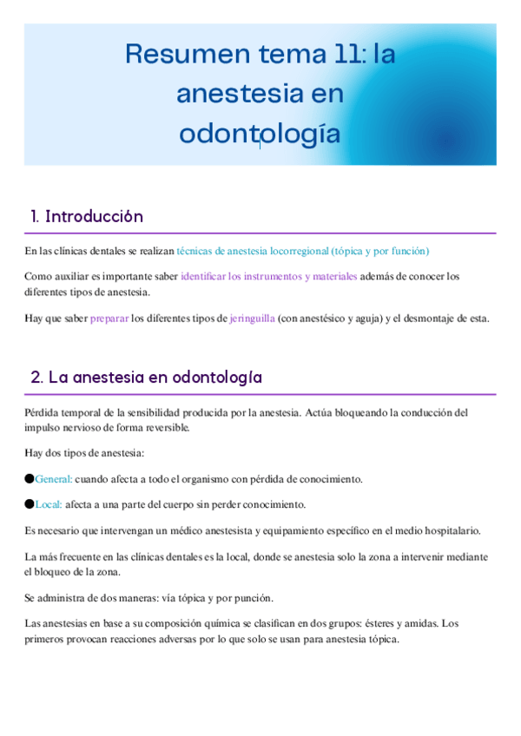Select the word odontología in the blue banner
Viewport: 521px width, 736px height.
260,134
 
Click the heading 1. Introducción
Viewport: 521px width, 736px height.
86,216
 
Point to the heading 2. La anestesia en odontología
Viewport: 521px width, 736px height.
146,378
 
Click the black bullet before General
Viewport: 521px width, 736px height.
29,478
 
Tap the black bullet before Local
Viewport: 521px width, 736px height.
29,503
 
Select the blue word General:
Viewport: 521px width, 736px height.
54,479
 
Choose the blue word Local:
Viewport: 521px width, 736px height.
49,504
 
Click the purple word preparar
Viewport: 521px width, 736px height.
109,319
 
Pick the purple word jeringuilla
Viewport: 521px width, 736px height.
252,319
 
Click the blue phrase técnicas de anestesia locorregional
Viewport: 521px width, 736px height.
252,251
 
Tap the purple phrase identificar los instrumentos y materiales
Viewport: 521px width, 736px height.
268,277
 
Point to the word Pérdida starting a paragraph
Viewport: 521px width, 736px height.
43,413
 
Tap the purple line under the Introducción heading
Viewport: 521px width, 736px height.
260,233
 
